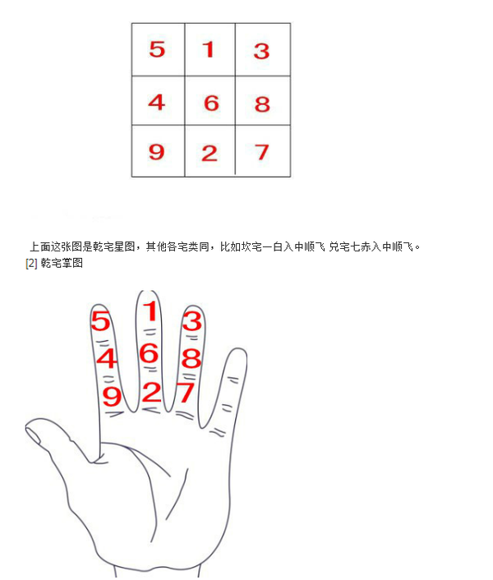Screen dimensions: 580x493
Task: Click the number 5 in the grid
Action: (x=157, y=49)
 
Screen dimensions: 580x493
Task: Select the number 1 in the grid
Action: (x=210, y=49)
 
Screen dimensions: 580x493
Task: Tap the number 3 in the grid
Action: (x=261, y=51)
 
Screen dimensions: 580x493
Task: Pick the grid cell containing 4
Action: (x=156, y=102)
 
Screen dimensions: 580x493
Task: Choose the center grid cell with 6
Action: (x=211, y=103)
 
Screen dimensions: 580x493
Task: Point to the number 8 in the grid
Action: (x=262, y=104)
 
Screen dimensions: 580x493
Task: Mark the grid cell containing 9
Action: (x=156, y=152)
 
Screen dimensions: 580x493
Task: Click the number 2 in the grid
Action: (x=210, y=153)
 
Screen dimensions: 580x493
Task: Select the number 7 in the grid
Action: (x=262, y=152)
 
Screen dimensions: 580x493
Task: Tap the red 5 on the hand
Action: (x=100, y=321)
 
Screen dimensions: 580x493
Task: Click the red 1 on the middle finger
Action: (x=150, y=311)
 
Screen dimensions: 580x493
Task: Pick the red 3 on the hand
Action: (x=191, y=320)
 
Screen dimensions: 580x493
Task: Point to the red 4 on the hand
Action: (x=107, y=359)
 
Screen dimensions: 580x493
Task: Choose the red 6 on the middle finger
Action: (x=149, y=353)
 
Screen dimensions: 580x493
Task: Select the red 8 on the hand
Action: (x=191, y=358)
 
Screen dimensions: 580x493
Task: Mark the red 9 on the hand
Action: (x=112, y=397)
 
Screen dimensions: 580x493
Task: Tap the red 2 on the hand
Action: (x=150, y=392)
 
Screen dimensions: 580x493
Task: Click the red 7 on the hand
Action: (x=186, y=393)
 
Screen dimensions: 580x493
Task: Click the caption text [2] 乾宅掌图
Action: (x=54, y=264)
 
